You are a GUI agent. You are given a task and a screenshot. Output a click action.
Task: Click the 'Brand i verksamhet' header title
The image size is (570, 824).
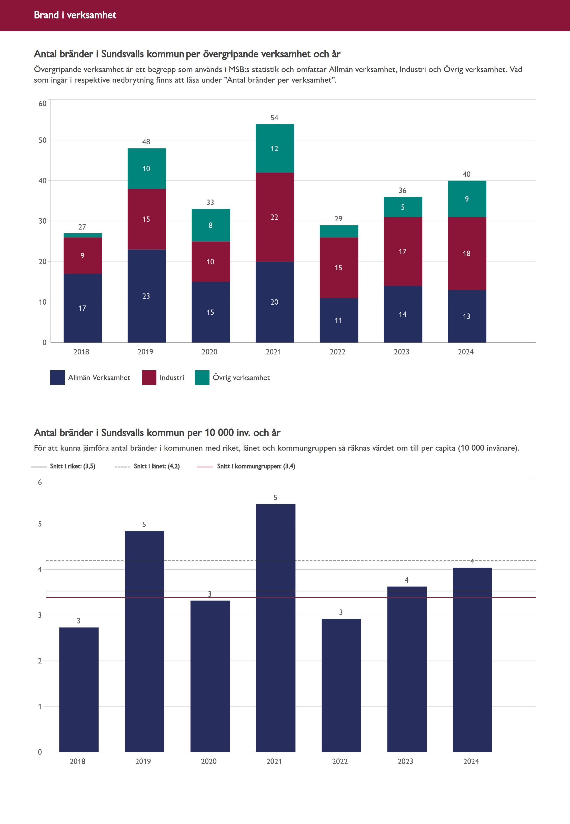75,15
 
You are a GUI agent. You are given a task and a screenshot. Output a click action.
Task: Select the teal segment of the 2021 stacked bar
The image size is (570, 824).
275,148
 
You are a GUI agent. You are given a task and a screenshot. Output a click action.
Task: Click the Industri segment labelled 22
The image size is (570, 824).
275,217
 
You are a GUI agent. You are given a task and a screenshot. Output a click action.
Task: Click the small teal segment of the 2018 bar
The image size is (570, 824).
83,235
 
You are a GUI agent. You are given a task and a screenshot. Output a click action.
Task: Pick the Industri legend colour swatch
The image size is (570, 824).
149,378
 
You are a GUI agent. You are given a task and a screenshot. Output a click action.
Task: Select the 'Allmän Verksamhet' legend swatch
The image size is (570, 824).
57,378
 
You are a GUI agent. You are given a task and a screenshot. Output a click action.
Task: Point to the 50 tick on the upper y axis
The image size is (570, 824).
43,140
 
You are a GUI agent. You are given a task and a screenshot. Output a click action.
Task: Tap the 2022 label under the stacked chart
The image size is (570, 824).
337,352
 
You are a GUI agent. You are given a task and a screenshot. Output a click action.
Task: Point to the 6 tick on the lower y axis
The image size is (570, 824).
40,482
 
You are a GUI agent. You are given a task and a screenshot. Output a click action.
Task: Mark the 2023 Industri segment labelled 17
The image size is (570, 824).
403,251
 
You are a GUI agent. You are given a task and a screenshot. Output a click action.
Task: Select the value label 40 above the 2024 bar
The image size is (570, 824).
466,174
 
